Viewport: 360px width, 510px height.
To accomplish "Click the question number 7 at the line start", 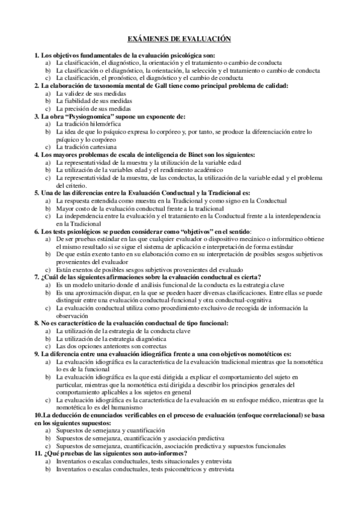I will click(x=36, y=277).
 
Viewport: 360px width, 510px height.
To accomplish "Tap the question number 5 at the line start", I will click(x=36, y=192).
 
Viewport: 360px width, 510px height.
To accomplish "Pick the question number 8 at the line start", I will click(x=36, y=323).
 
